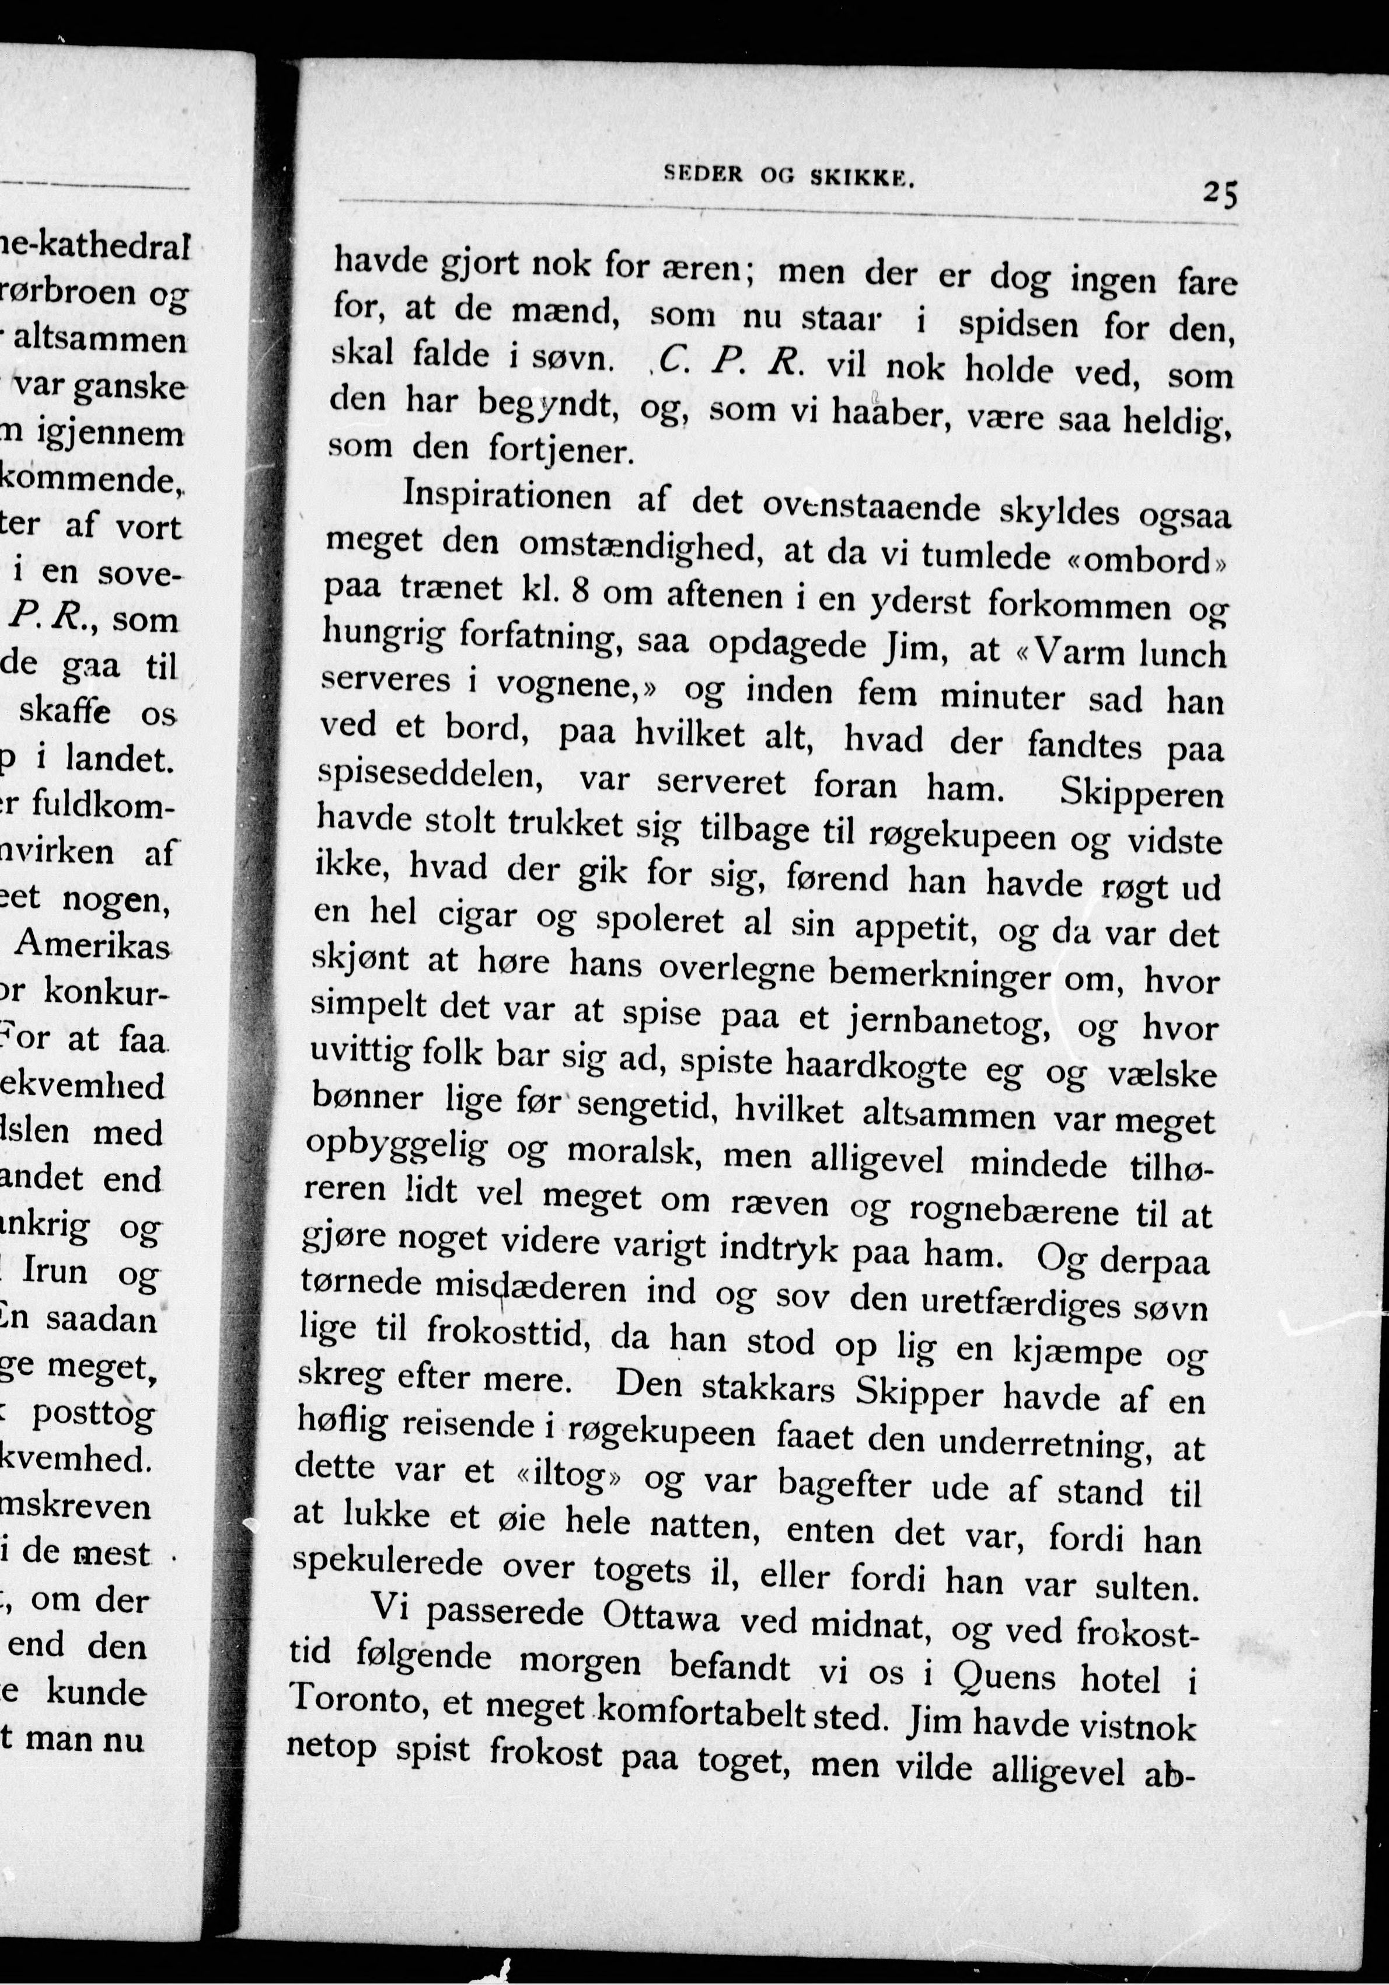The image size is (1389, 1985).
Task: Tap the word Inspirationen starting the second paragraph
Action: tap(507, 496)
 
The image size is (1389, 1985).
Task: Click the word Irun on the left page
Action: tap(55, 1271)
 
